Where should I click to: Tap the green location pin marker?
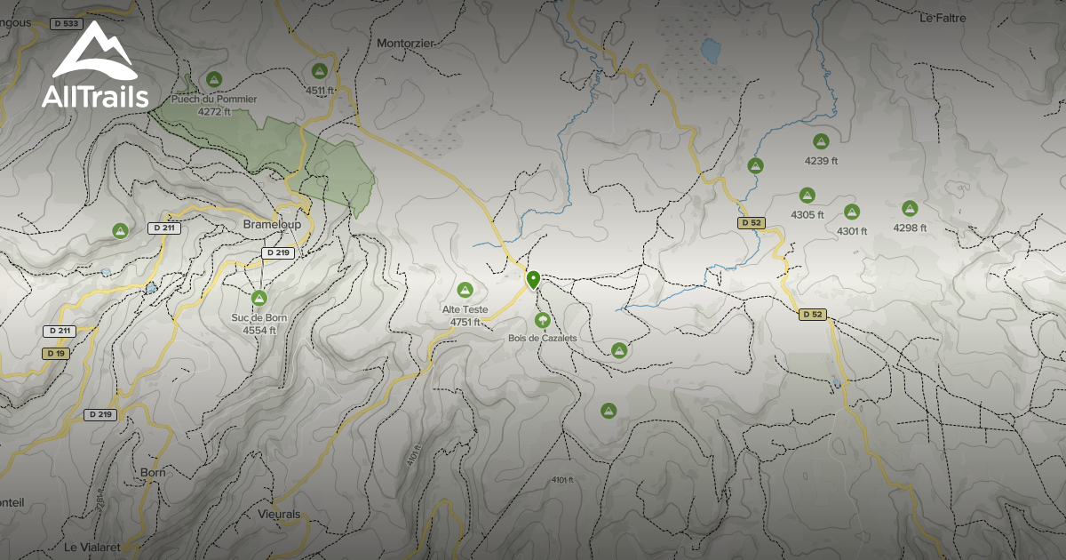coord(533,280)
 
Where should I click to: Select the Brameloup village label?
coord(272,225)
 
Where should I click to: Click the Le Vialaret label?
coord(91,545)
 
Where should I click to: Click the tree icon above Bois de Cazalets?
coord(542,320)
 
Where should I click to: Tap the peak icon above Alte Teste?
coord(464,290)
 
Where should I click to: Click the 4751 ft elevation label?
coord(465,322)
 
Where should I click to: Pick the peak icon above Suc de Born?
coord(259,298)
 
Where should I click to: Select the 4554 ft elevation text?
coord(259,330)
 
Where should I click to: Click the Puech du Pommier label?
coord(214,99)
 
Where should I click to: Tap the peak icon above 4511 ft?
coord(320,71)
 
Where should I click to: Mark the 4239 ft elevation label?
coord(821,161)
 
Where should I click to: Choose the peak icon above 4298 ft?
coord(910,208)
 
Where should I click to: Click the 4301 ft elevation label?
coord(852,231)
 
